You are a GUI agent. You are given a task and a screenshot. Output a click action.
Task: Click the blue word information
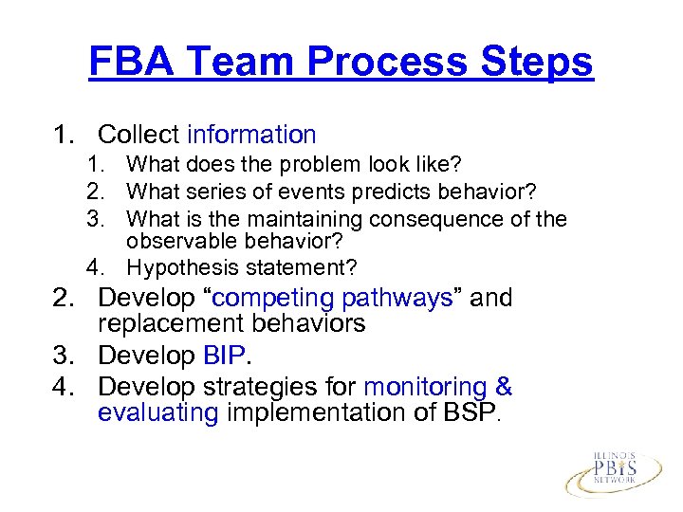251,136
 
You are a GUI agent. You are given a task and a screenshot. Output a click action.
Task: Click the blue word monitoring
424,387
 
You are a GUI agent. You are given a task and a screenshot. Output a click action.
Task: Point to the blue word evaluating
157,412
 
